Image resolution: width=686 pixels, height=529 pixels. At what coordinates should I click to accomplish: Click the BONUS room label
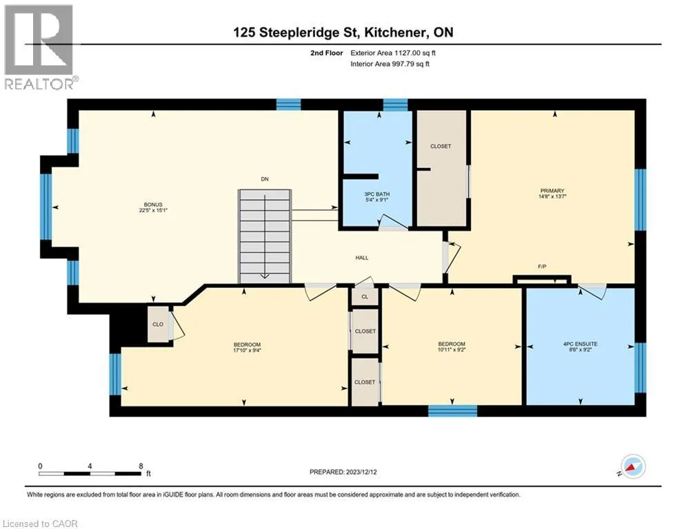point(152,205)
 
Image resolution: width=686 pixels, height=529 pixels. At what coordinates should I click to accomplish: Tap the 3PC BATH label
point(376,194)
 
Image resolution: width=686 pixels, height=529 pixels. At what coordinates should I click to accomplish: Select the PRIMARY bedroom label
point(552,191)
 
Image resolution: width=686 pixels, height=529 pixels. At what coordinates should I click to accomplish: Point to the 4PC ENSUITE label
point(580,344)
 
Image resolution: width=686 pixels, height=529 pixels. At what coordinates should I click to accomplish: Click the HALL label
point(362,258)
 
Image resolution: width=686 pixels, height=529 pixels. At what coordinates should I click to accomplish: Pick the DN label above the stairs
point(265,179)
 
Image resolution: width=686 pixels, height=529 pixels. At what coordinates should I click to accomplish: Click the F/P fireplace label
point(542,267)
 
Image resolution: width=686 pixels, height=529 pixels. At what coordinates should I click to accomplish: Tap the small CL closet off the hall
point(365,297)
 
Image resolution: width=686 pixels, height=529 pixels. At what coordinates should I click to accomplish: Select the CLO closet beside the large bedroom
point(158,324)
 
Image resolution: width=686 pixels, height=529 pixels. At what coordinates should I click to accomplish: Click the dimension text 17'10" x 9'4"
point(247,350)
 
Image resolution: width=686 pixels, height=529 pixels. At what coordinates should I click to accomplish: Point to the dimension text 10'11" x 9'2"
point(452,350)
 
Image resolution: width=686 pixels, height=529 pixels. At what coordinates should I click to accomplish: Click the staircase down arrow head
point(265,276)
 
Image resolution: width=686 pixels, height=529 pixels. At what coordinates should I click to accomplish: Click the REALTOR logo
point(41,48)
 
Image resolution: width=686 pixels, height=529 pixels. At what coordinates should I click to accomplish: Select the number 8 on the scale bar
point(141,466)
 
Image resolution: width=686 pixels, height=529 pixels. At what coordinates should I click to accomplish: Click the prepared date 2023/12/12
point(361,472)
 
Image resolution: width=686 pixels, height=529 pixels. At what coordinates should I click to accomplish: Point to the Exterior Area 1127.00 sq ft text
point(393,53)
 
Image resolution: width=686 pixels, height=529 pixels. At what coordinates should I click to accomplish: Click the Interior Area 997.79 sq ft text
point(390,64)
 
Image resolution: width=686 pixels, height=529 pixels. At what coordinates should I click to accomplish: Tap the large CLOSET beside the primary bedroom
point(441,168)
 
